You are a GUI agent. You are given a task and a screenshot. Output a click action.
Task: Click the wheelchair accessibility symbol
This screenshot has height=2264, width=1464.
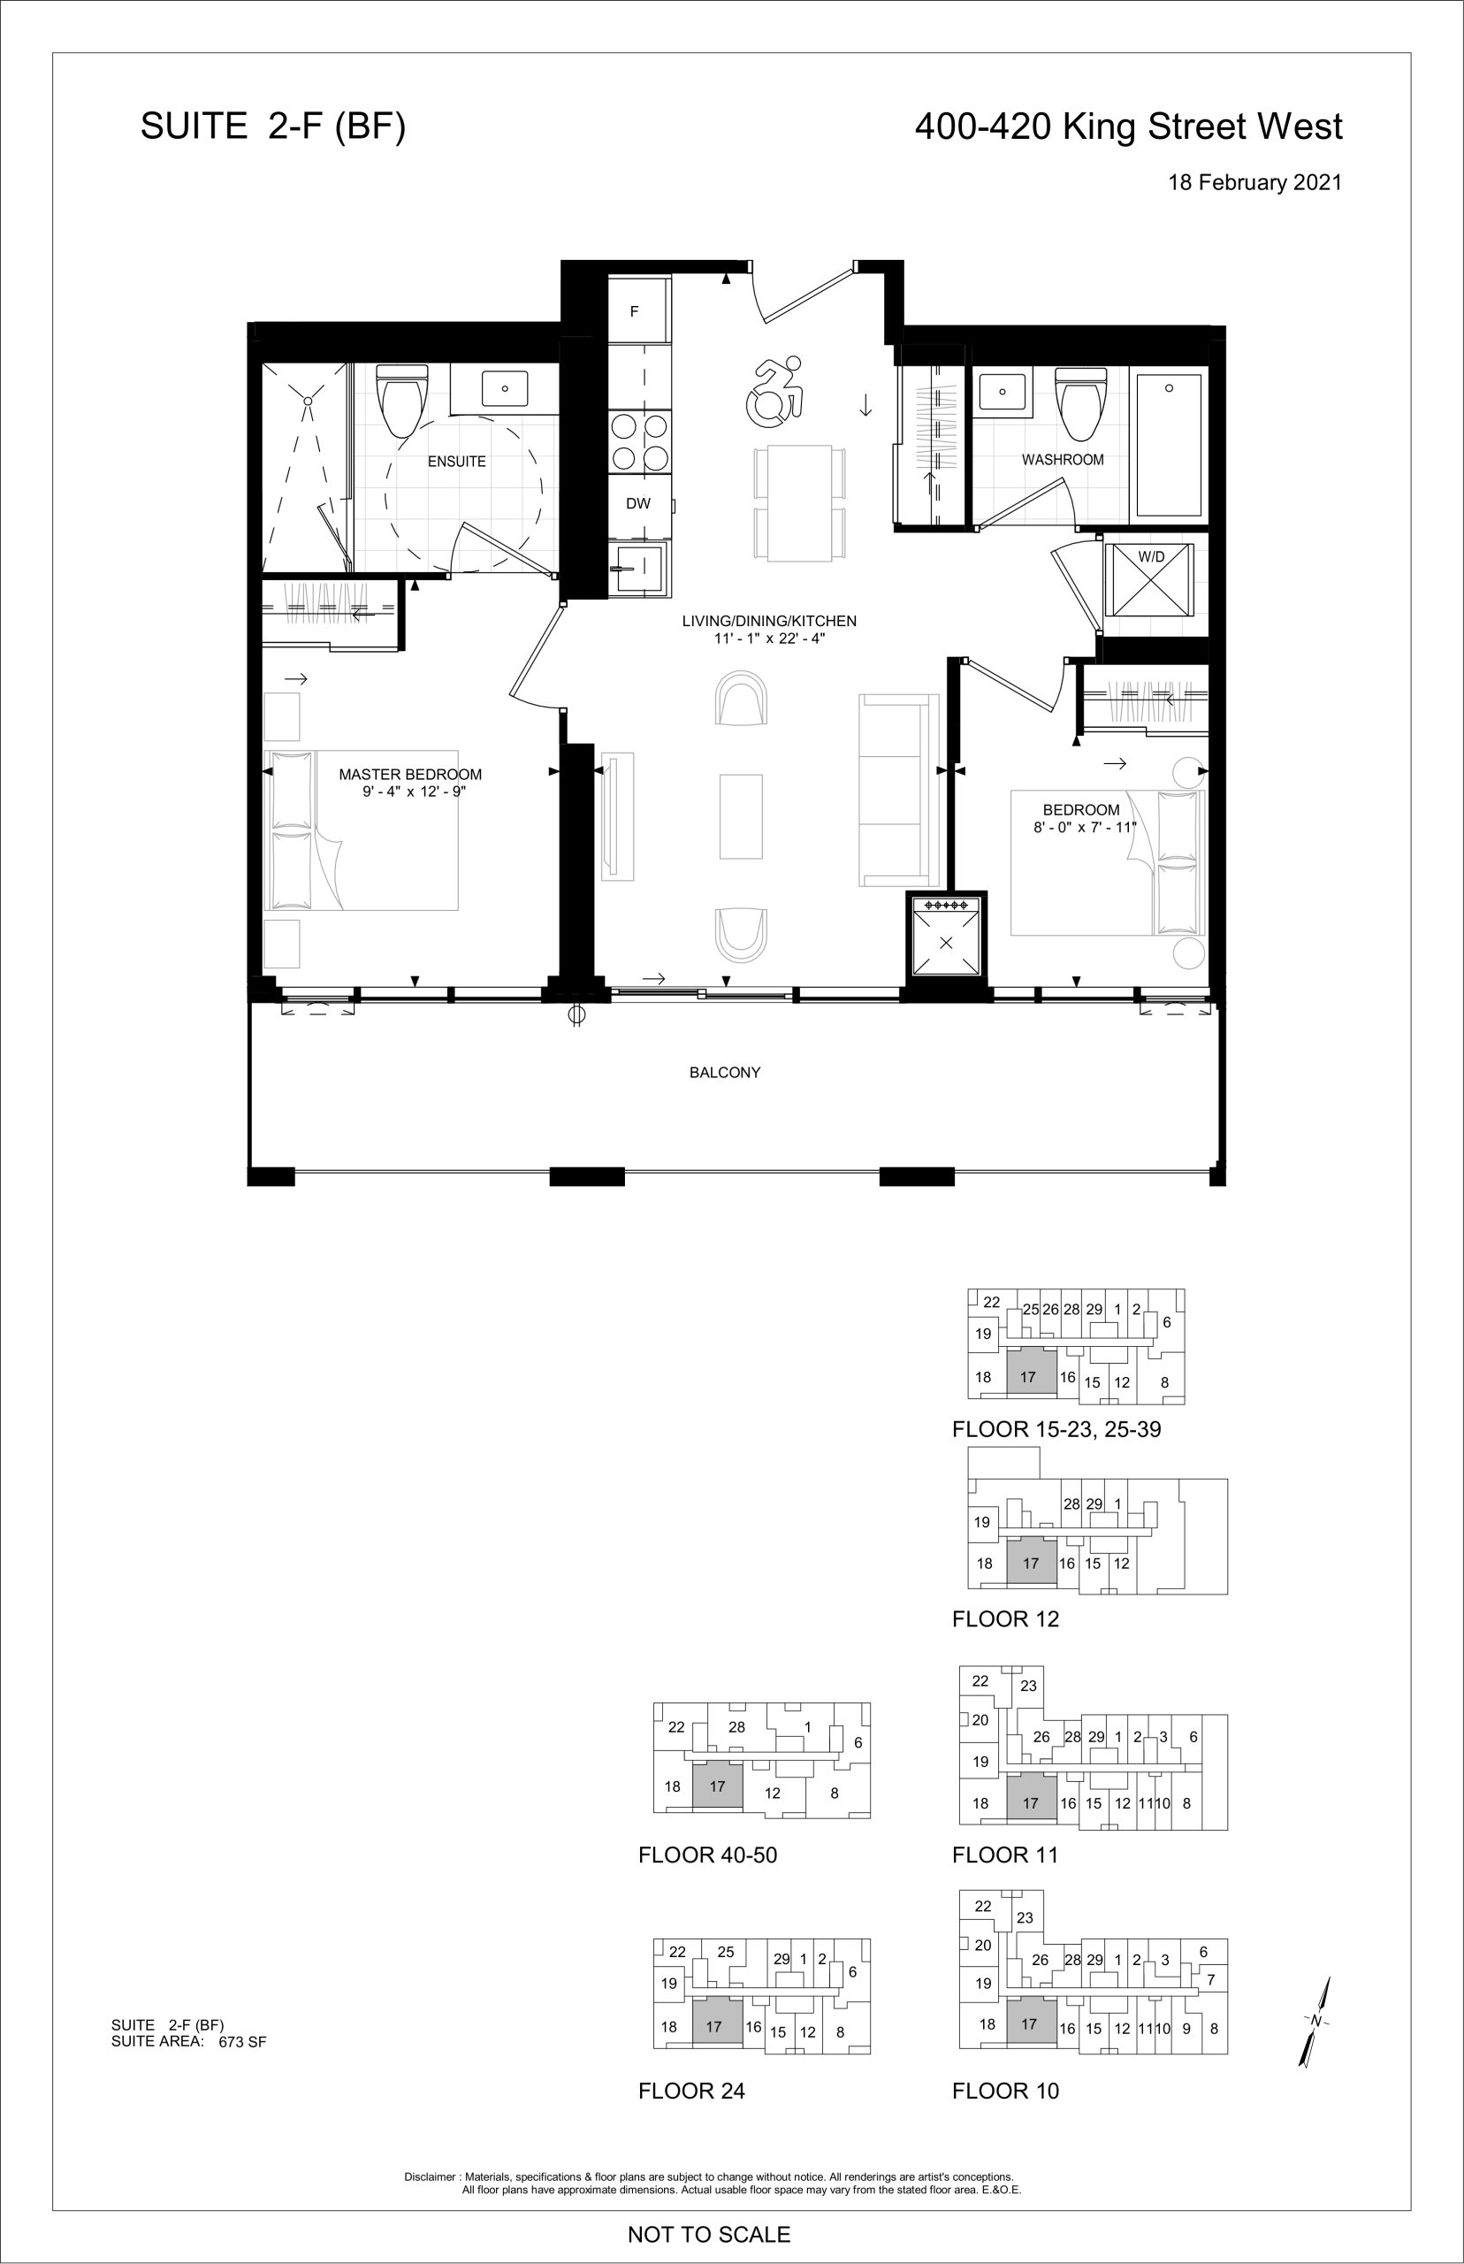tap(778, 389)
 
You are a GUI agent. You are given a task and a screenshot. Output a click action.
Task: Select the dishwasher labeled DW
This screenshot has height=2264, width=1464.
tap(639, 504)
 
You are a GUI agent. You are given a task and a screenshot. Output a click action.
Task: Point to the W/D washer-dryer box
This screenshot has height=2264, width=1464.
tap(1150, 580)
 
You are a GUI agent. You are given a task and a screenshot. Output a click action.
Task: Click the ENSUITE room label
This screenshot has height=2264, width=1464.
tap(456, 461)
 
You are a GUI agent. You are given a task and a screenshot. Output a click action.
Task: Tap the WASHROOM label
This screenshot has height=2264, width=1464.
tap(1063, 459)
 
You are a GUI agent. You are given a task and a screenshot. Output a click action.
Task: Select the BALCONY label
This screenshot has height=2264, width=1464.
tap(724, 1073)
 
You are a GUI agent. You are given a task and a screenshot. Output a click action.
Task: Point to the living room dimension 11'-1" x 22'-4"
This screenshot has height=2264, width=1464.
tap(769, 638)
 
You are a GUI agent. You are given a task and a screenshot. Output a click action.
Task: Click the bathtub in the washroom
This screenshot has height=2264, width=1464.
tap(1170, 445)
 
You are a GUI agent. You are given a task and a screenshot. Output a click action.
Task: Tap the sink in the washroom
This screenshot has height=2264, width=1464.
tap(1002, 391)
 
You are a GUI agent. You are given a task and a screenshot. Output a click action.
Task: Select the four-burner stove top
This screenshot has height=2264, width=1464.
tap(639, 442)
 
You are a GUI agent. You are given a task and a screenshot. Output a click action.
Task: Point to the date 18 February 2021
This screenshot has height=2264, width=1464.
tap(1254, 182)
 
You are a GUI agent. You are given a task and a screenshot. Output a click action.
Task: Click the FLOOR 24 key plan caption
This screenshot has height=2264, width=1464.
tap(691, 2091)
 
